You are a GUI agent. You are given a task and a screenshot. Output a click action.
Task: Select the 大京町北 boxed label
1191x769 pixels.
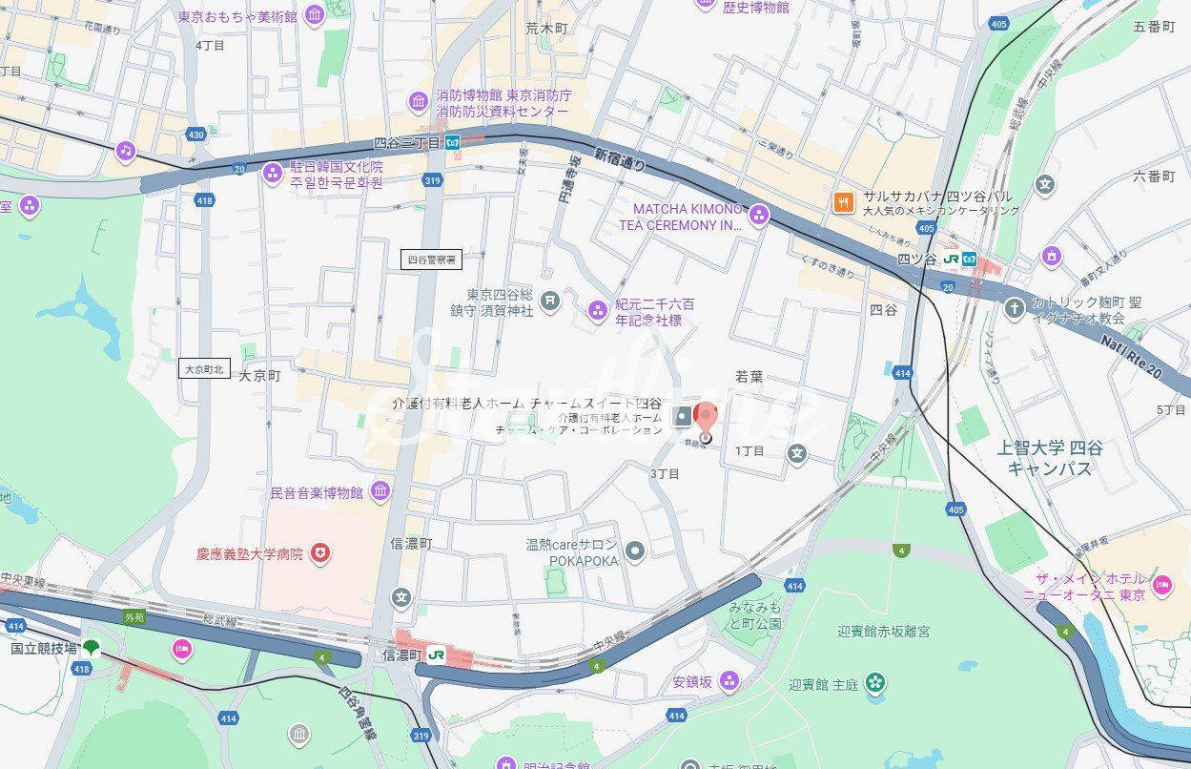click(205, 368)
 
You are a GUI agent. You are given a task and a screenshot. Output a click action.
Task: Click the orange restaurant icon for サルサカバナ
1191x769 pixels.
click(844, 201)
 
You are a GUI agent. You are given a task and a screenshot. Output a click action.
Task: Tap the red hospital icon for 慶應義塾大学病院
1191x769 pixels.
click(322, 552)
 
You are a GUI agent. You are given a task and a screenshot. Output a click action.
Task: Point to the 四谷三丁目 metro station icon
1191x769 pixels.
click(452, 143)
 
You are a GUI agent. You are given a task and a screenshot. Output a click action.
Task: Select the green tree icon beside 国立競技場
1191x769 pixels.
click(92, 649)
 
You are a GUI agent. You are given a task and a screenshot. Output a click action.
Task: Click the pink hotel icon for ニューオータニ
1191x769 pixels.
click(1161, 584)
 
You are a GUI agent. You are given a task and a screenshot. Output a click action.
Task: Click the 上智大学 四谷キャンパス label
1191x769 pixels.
click(1049, 458)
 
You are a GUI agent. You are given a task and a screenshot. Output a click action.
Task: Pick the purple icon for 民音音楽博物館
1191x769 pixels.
click(380, 491)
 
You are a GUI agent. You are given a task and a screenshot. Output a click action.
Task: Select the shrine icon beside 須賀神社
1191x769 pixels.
click(550, 302)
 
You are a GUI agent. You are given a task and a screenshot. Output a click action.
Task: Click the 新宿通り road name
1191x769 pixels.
click(619, 159)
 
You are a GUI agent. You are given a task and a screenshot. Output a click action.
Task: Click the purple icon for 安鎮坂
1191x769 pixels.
click(729, 680)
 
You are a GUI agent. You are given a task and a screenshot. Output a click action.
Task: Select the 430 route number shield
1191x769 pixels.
click(196, 135)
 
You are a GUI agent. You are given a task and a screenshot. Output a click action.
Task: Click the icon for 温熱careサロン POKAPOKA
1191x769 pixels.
click(635, 550)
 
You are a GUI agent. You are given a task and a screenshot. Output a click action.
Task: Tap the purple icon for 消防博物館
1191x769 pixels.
click(418, 101)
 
